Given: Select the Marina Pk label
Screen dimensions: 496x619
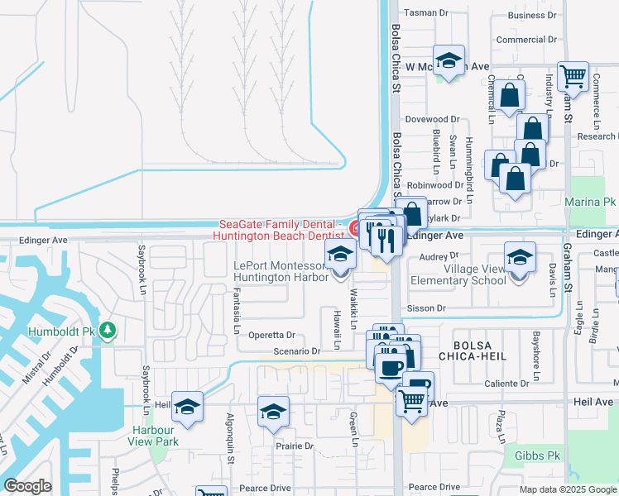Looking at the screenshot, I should (x=590, y=202).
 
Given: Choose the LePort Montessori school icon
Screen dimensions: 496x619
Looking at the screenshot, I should (x=339, y=255).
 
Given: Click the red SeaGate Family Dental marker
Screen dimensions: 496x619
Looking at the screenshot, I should (x=353, y=229).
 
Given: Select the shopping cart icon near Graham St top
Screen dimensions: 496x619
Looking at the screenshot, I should (x=573, y=77).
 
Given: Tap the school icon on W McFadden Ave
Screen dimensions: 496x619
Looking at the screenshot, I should (x=449, y=60).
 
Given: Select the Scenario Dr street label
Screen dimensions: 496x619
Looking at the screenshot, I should (x=297, y=351).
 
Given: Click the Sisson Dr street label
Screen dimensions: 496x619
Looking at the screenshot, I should (x=426, y=308).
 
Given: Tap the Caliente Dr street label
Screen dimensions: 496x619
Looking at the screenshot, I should (x=506, y=384).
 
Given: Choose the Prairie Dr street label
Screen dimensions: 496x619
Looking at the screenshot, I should (x=295, y=446).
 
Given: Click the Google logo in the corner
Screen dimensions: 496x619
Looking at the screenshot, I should (x=27, y=486).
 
